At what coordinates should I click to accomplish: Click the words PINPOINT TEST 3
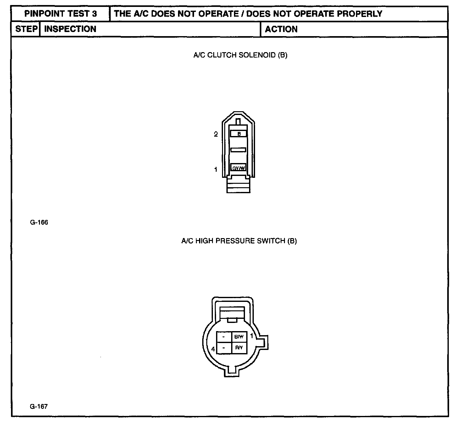point(60,14)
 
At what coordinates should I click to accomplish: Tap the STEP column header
point(26,29)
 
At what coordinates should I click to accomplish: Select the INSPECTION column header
point(70,29)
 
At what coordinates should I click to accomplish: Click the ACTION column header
point(281,29)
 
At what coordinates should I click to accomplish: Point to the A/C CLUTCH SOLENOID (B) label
point(240,55)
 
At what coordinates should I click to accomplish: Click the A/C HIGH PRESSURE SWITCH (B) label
point(239,241)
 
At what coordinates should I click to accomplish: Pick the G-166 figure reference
point(39,222)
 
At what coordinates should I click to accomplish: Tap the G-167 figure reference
point(39,406)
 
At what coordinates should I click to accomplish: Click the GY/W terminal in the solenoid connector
point(238,168)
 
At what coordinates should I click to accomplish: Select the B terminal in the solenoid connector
point(239,134)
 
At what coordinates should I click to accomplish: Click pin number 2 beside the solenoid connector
point(216,134)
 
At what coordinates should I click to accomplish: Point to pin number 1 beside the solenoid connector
point(216,170)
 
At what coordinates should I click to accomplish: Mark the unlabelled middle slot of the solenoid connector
point(238,150)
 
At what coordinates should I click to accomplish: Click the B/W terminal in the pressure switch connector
point(239,337)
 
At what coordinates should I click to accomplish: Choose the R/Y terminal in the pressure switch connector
point(239,348)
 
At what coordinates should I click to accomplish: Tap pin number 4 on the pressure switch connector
point(213,349)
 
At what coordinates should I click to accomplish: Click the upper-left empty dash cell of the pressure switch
point(224,337)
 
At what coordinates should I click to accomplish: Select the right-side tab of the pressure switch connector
point(264,342)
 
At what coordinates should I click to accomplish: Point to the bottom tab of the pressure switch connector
point(232,373)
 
